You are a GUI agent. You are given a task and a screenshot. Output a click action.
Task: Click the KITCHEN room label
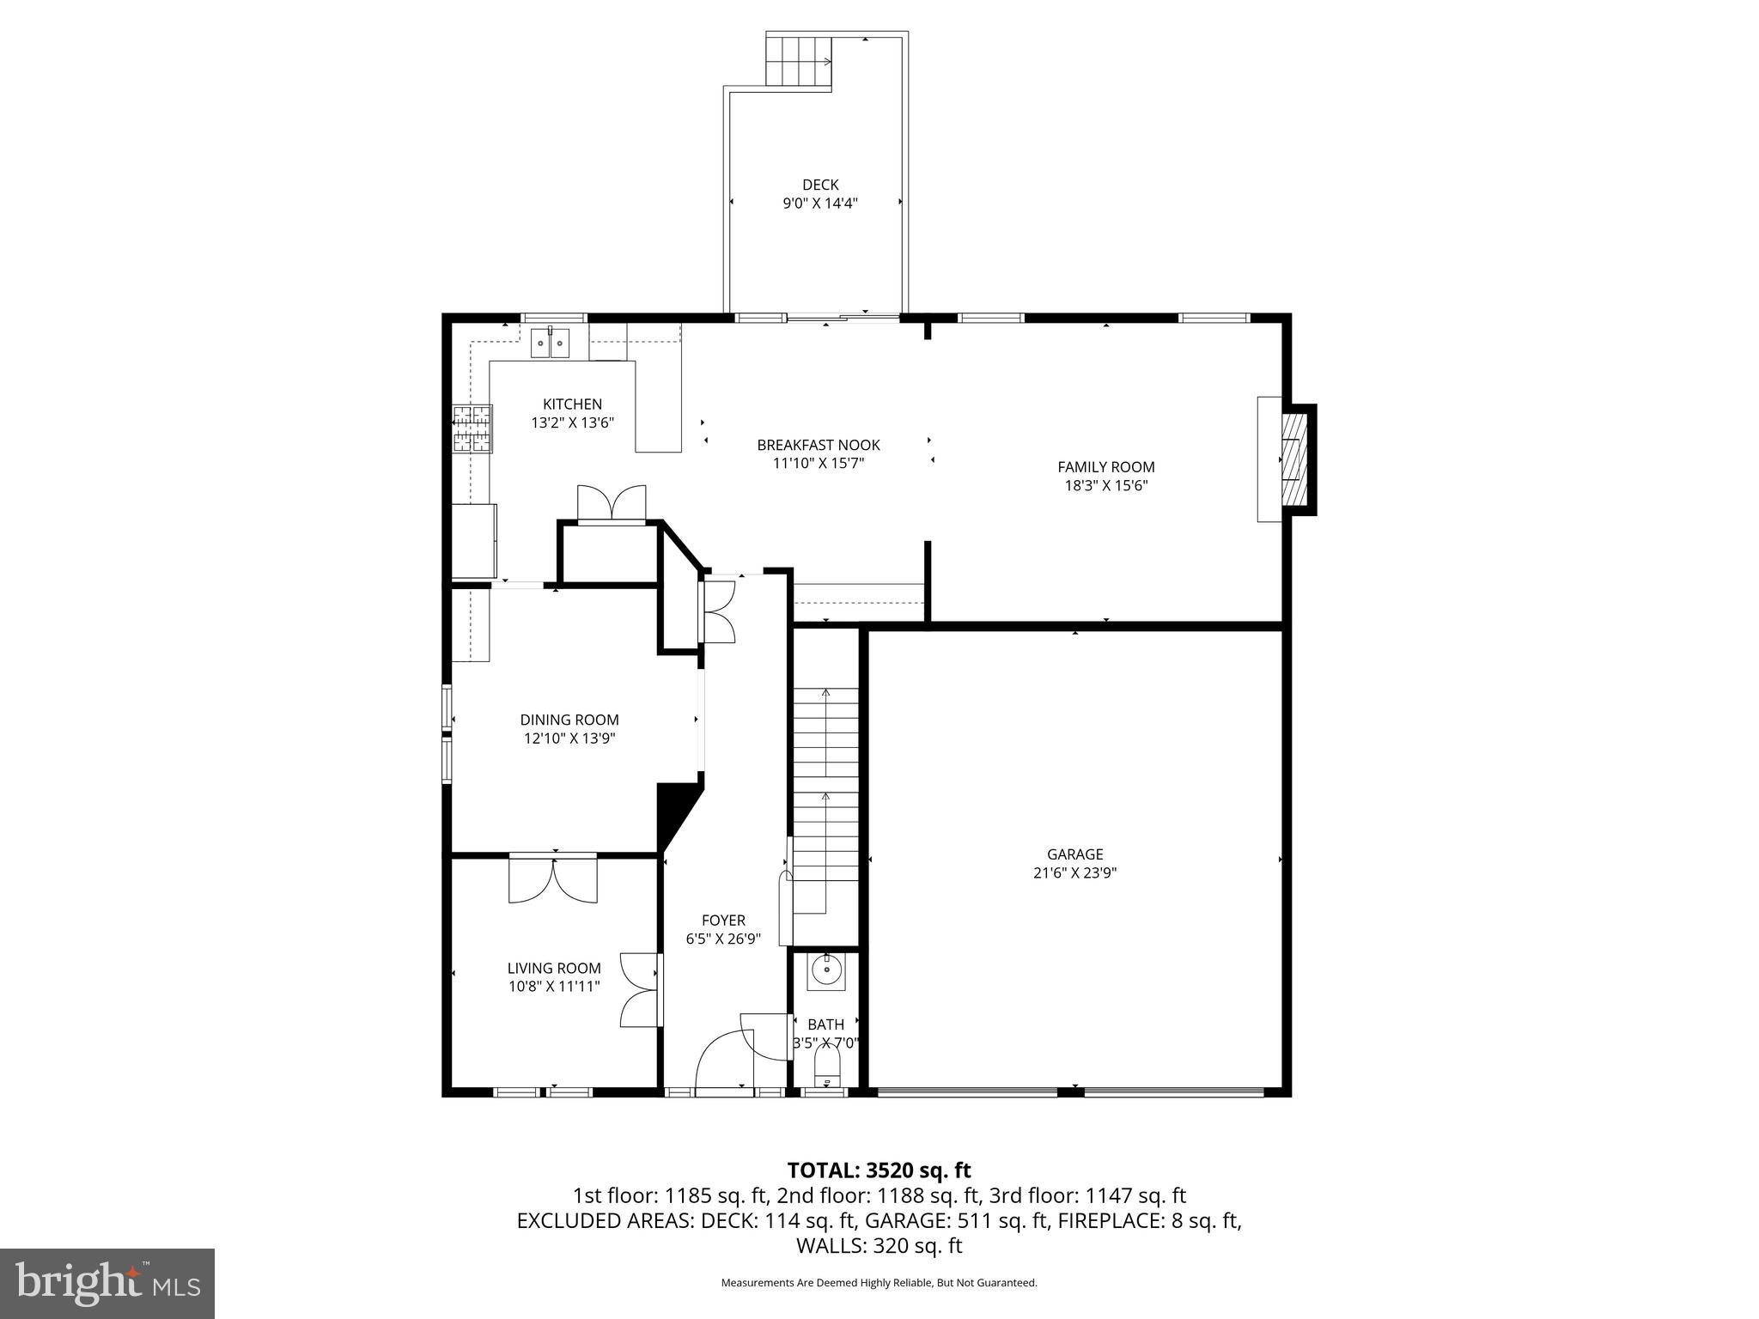tap(572, 404)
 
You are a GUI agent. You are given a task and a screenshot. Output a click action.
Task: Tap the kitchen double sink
tap(550, 343)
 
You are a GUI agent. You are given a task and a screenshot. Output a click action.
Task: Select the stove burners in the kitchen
tap(472, 429)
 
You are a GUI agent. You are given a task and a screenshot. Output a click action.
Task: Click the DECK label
tap(819, 185)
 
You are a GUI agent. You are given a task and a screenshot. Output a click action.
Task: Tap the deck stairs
tap(799, 61)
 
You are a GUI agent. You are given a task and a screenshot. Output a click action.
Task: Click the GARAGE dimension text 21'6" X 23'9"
tap(1074, 872)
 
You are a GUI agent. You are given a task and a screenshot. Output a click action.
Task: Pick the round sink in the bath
tap(826, 971)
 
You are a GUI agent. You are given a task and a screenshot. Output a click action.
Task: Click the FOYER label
tap(723, 921)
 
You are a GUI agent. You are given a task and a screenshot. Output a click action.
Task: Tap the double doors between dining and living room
tap(553, 878)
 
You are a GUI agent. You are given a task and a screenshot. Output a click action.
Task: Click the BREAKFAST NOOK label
tap(818, 445)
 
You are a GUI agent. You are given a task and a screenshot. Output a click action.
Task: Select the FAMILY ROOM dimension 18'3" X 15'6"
tap(1105, 485)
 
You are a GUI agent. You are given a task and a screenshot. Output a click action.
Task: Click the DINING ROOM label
tap(569, 720)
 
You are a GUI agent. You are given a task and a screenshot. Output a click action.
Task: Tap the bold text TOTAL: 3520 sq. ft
tap(879, 1170)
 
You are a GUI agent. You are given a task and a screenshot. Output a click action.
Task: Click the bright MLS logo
tap(107, 1283)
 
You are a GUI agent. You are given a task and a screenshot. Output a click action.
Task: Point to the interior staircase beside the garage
tap(825, 799)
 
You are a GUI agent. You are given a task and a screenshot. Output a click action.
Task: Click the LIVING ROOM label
tap(554, 968)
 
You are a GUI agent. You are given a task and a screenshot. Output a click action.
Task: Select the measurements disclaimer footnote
tap(879, 1283)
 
